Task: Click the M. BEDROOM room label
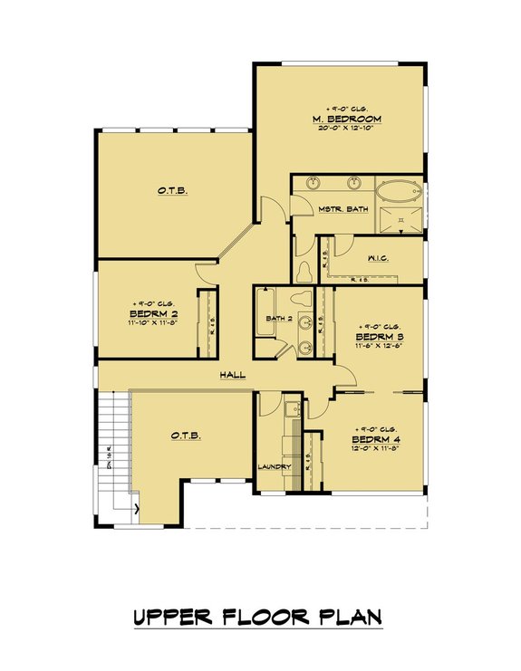[346, 119]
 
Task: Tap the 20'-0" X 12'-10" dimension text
[346, 129]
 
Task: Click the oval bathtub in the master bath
[397, 193]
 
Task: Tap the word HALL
[232, 375]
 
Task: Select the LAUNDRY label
[274, 467]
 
